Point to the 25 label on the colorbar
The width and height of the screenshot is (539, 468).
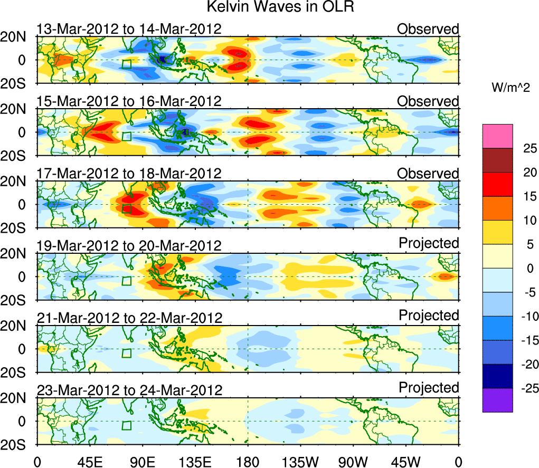pyautogui.click(x=523, y=148)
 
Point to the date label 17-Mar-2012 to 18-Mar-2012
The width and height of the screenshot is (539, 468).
pyautogui.click(x=129, y=174)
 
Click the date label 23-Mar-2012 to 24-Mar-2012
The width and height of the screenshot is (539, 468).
pyautogui.click(x=129, y=390)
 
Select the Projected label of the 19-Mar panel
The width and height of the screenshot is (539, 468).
pyautogui.click(x=428, y=243)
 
